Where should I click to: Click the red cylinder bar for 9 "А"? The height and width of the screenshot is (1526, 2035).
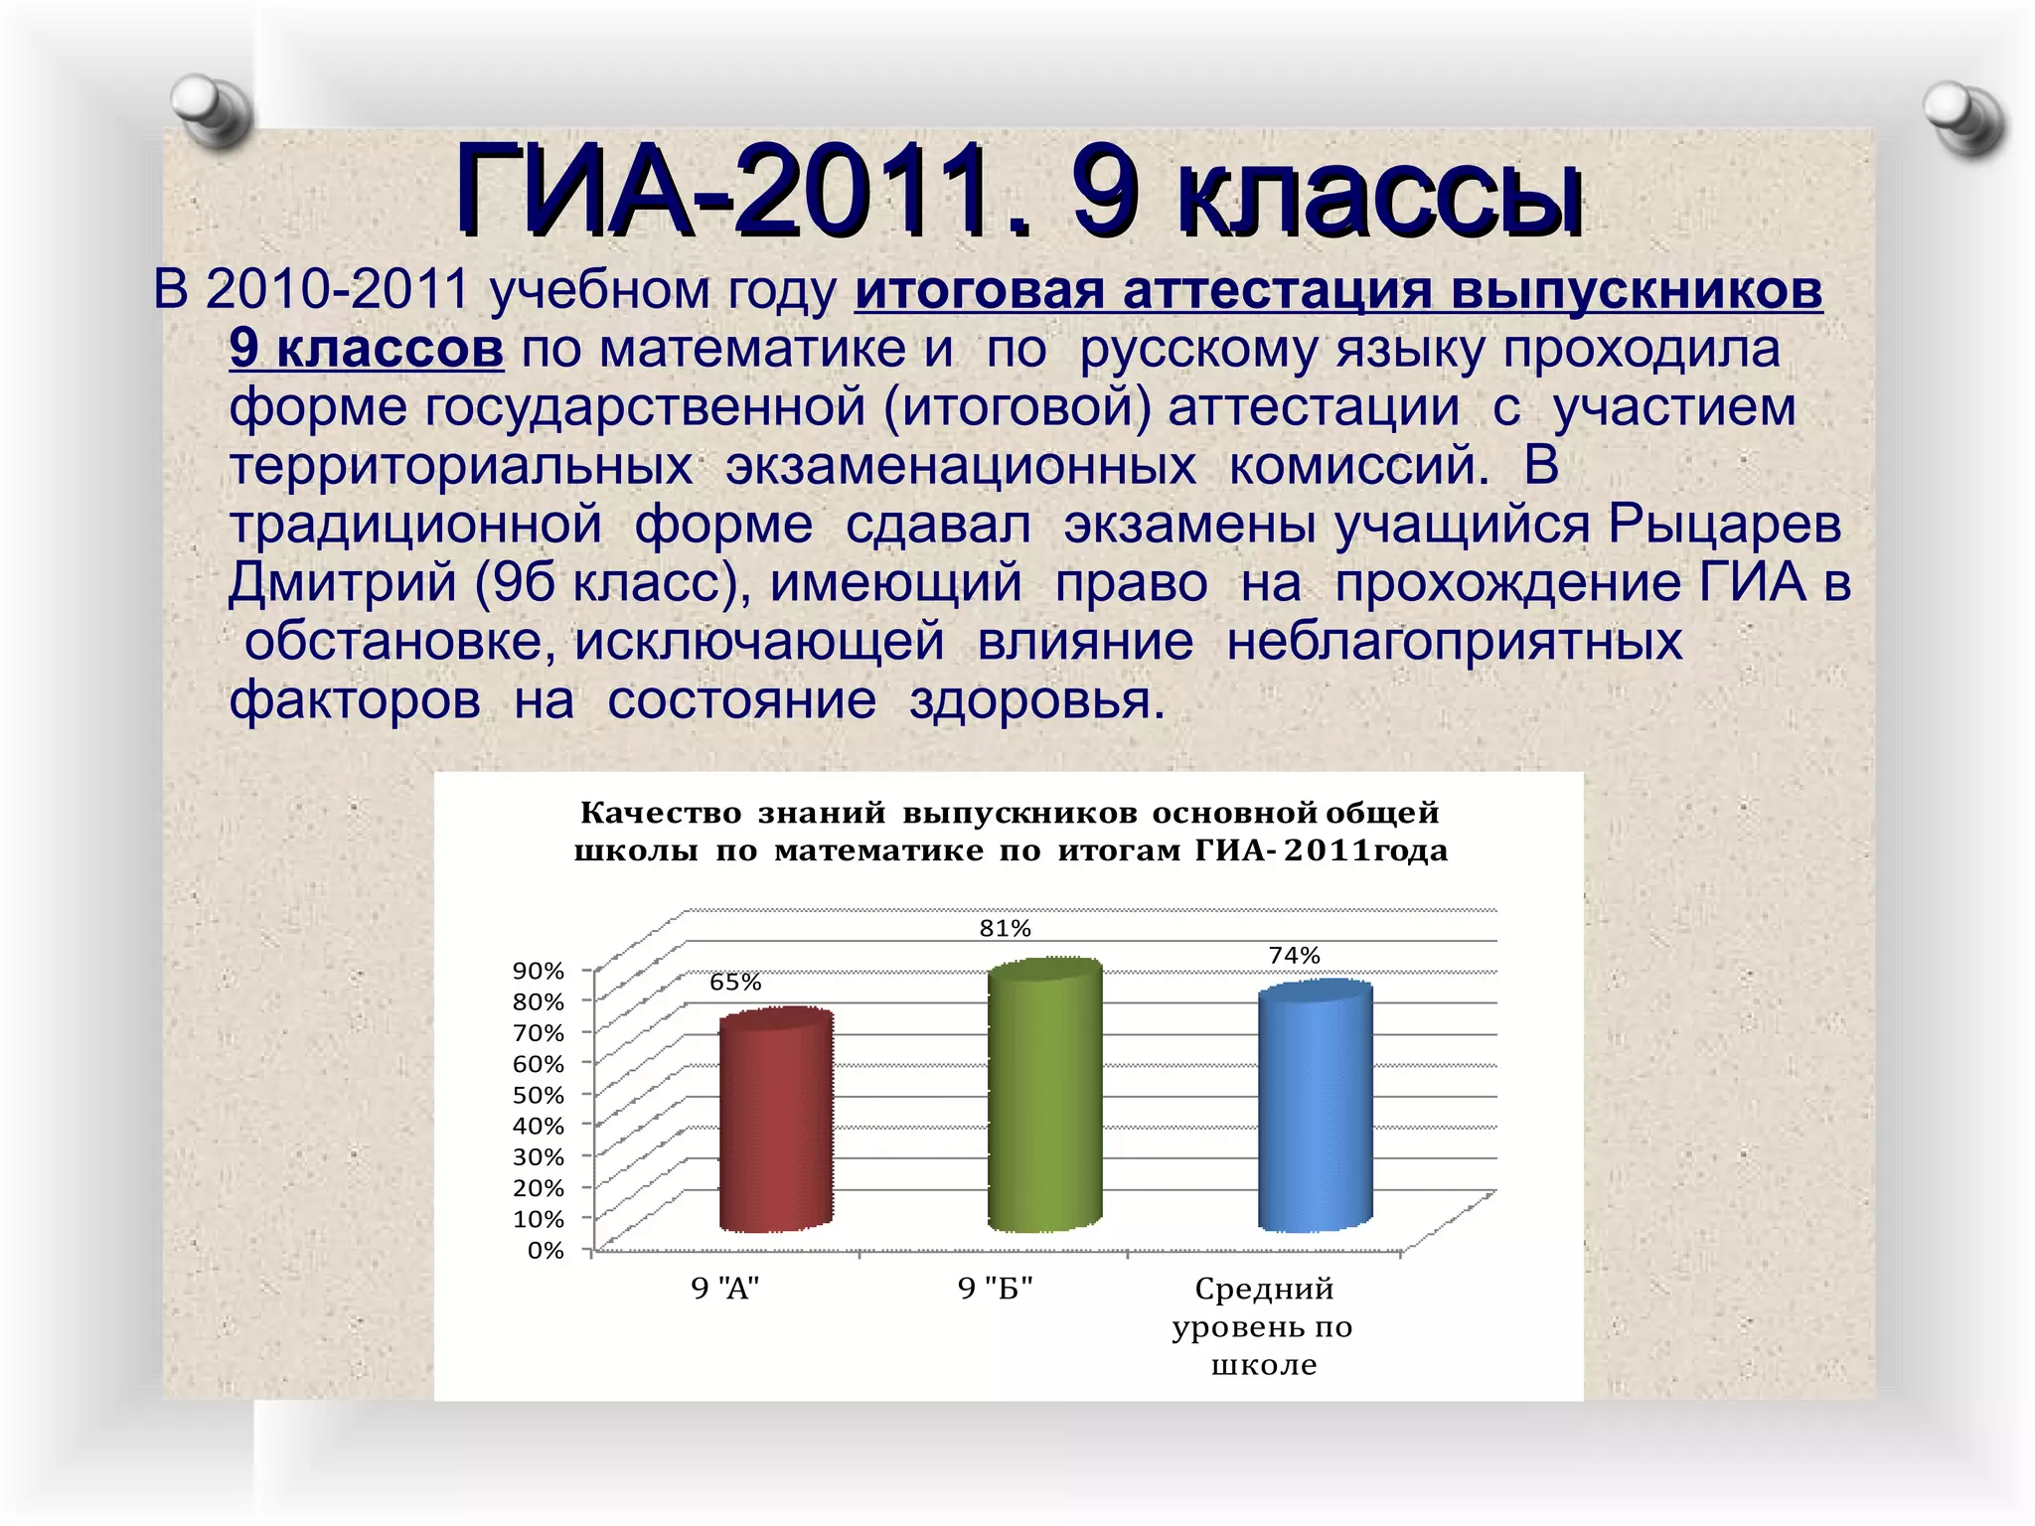click(776, 1123)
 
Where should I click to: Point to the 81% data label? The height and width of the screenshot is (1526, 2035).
click(1005, 929)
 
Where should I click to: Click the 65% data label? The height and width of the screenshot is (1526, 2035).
click(735, 983)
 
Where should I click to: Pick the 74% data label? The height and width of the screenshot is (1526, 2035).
click(1294, 956)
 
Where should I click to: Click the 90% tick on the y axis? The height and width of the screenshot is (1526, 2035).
click(539, 971)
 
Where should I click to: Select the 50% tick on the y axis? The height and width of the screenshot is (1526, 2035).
click(539, 1095)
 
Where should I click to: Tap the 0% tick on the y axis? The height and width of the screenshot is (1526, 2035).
click(546, 1250)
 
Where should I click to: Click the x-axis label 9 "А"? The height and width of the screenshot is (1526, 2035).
click(725, 1289)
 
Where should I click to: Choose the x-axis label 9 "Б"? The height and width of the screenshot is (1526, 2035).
click(995, 1289)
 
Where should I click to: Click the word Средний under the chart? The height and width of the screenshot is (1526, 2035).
click(1264, 1289)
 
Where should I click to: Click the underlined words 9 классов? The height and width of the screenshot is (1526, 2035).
click(367, 349)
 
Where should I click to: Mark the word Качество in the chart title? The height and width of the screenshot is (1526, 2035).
click(660, 813)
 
